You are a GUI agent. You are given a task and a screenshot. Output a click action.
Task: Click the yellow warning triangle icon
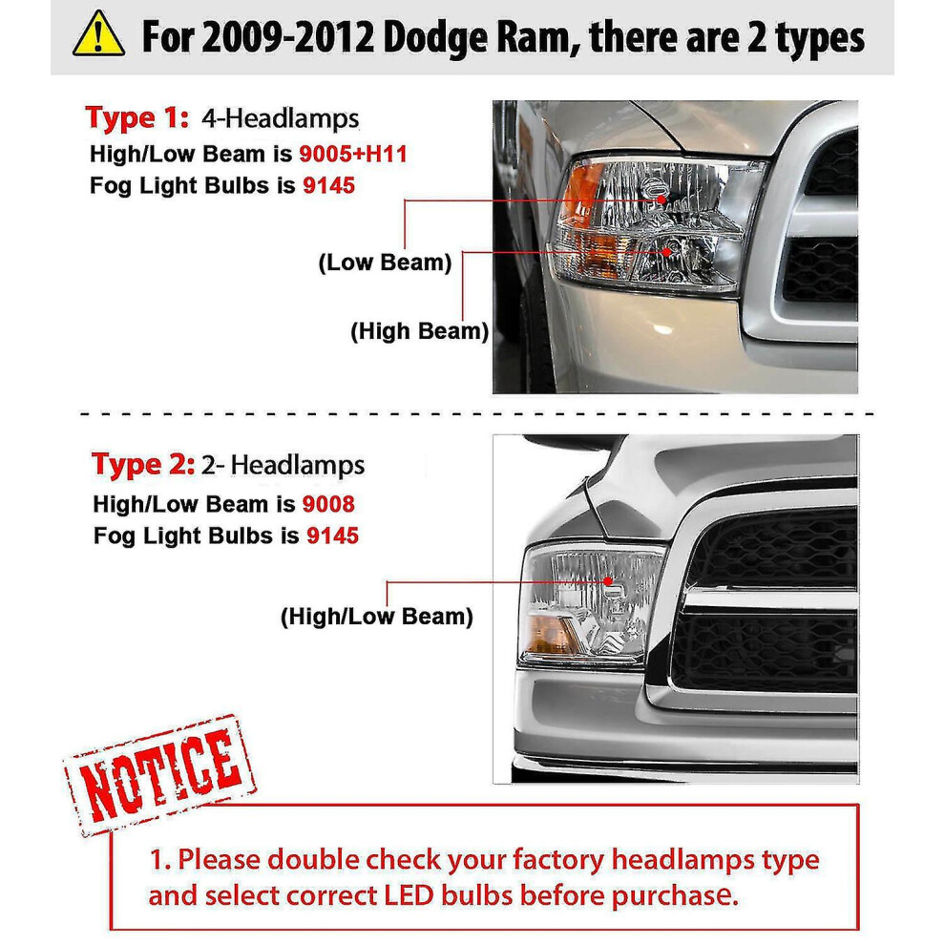coord(98,35)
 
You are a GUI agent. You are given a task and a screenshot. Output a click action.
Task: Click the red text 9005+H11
coord(353,155)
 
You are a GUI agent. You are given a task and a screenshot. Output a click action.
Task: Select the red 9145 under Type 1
coord(328,185)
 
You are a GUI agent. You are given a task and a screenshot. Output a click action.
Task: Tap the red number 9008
coord(328,504)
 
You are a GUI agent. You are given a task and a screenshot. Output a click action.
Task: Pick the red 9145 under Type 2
coord(333,535)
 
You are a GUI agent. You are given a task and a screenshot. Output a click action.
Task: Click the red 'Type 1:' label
coord(136,117)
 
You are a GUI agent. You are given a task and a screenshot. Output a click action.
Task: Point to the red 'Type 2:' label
coord(143,465)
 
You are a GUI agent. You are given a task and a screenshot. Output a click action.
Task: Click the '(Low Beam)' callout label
coord(385,262)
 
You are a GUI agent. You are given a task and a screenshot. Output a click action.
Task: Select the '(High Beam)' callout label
coord(419,331)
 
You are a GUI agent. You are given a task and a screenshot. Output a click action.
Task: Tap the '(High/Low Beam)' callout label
coord(377,617)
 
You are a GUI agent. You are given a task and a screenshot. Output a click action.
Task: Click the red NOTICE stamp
coord(160,774)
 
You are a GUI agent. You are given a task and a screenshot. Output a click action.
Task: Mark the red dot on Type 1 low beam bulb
coord(661,199)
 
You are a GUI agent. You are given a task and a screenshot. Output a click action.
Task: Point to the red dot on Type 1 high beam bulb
coord(666,251)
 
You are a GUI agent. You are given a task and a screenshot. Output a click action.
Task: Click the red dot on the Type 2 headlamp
coord(607,581)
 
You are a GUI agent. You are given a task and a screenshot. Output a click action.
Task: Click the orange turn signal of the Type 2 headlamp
coord(552,635)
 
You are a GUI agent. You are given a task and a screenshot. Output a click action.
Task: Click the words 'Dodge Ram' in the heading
coord(476,37)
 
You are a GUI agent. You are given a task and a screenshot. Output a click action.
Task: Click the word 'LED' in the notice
coord(409,895)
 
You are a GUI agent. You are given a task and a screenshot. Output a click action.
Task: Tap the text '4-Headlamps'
coord(281,118)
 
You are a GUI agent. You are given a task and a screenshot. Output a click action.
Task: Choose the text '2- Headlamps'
coord(283,465)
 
